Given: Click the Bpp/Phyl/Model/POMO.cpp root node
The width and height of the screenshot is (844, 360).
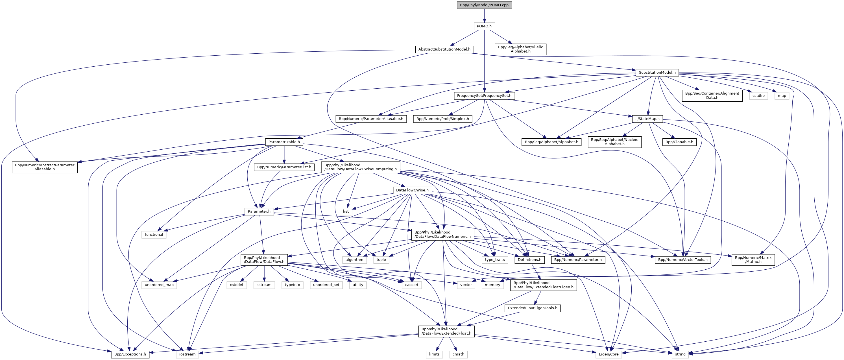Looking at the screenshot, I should click(484, 5).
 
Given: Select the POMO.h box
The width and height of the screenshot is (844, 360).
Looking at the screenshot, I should click(484, 26).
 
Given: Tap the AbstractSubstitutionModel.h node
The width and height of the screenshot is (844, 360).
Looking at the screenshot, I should click(444, 49).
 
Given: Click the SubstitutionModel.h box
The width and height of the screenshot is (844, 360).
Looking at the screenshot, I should click(657, 72).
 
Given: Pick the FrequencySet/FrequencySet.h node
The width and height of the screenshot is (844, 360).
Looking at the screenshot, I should click(484, 96).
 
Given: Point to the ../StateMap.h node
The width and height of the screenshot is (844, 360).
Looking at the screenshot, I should click(647, 119).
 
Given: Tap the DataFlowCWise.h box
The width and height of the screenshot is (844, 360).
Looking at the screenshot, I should click(412, 190).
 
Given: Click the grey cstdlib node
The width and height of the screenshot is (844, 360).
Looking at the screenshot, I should click(758, 96).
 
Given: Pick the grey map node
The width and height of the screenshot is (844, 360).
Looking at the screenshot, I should click(782, 96).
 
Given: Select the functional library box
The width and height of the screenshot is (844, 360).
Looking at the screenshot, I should click(154, 235).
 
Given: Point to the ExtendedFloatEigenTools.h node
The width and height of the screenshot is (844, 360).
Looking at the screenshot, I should click(533, 308).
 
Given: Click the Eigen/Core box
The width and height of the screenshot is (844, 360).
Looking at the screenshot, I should click(609, 354).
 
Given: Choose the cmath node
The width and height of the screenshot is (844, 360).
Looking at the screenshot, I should click(458, 354).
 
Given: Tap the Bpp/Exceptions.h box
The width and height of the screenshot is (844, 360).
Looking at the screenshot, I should click(130, 354).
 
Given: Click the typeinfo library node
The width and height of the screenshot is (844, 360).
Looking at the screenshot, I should click(292, 285).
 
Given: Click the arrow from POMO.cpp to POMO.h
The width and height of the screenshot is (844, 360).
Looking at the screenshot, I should click(484, 16).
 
